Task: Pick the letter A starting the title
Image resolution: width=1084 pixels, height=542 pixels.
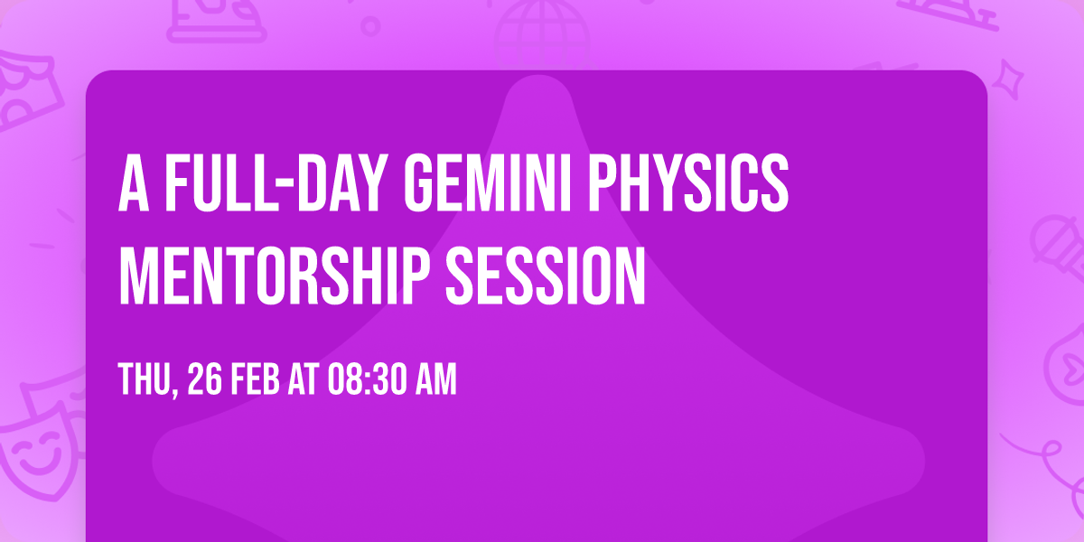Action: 135,184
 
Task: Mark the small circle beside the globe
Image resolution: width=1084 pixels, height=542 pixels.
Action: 369,25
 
